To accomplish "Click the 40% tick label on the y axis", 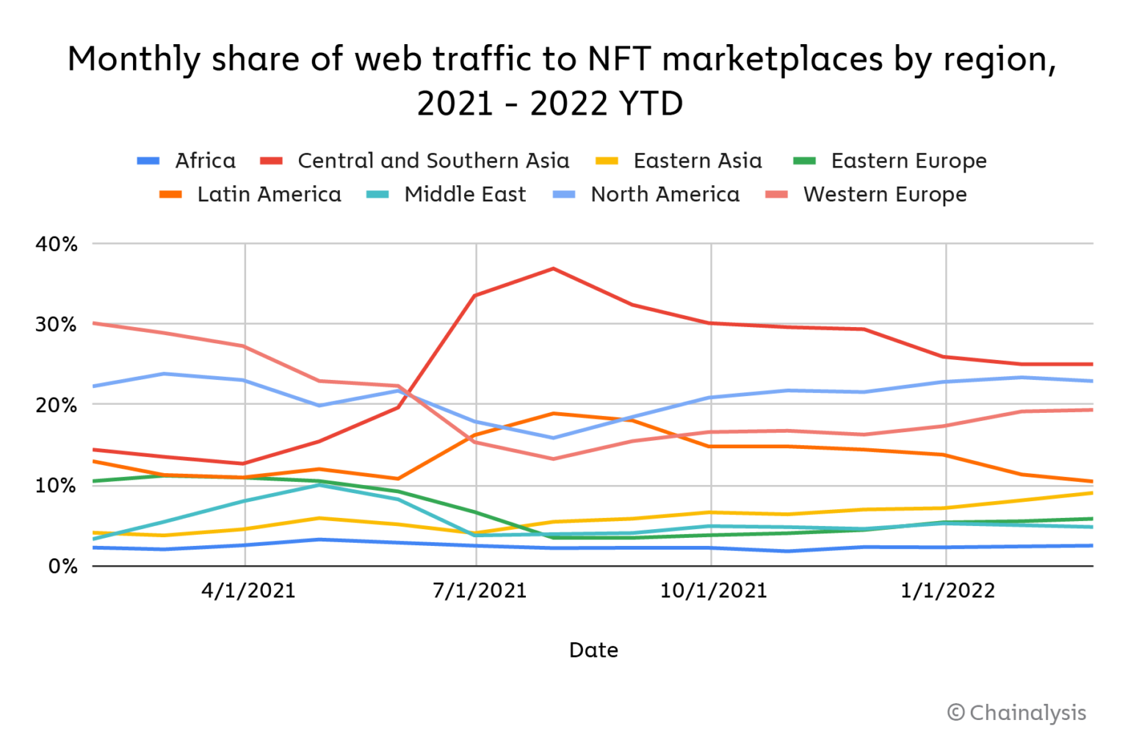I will pyautogui.click(x=57, y=245).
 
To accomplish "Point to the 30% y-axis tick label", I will pyautogui.click(x=57, y=325).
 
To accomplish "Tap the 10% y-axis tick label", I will pyautogui.click(x=57, y=486).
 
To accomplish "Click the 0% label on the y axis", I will pyautogui.click(x=63, y=567).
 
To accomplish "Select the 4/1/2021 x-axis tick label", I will pyautogui.click(x=248, y=591).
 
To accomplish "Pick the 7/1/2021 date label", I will pyautogui.click(x=480, y=591).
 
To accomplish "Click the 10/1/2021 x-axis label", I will pyautogui.click(x=713, y=591).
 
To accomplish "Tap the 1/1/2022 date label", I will pyautogui.click(x=947, y=591).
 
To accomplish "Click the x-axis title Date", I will pyautogui.click(x=593, y=650).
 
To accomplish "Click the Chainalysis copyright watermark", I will pyautogui.click(x=1016, y=713).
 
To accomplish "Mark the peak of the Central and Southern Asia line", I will pyautogui.click(x=554, y=269).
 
